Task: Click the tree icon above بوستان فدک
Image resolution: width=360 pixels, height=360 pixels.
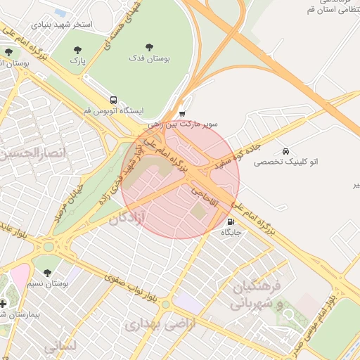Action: point(148,46)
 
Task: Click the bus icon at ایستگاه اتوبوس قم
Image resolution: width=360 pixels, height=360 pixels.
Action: point(112,101)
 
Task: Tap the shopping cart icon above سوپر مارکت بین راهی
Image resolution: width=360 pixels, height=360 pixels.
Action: point(182,113)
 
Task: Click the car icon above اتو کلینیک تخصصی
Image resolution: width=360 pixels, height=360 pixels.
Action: point(285,151)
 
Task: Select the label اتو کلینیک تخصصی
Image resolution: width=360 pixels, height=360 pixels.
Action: point(285,162)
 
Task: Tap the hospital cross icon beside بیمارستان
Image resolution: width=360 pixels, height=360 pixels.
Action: point(4,304)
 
